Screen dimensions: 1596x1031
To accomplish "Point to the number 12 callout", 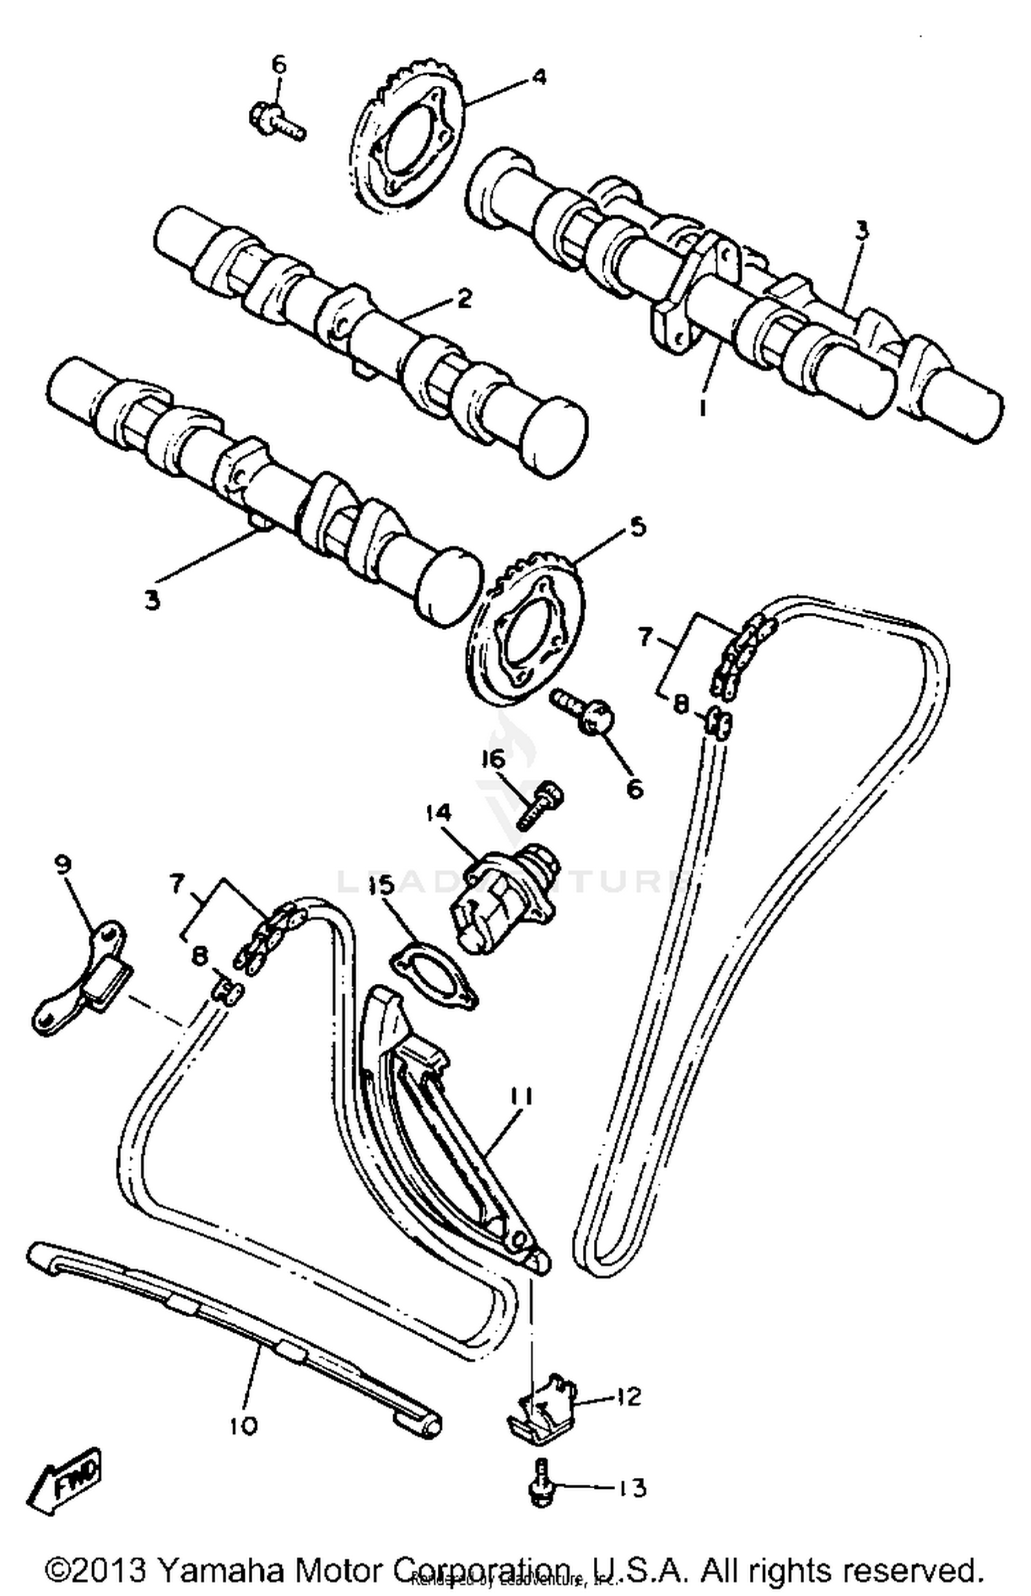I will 628,1396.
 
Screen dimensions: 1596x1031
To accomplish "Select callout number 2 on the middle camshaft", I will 464,300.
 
